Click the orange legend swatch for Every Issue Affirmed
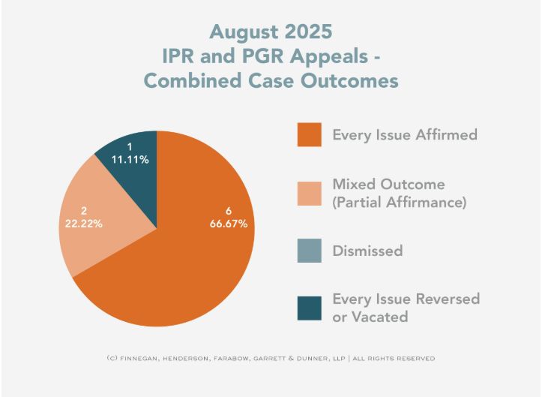[x=309, y=135]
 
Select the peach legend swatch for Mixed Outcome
[x=309, y=193]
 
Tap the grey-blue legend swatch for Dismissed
[x=309, y=250]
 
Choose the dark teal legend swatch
[x=309, y=308]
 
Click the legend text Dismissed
[x=367, y=251]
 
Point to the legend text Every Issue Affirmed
[x=405, y=136]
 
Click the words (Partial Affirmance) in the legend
[x=400, y=202]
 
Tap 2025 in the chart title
[x=308, y=32]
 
